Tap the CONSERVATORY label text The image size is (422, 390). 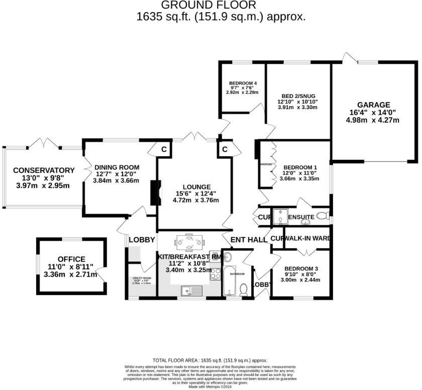coord(44,170)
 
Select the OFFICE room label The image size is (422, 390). coord(71,259)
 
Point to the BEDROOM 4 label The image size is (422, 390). coord(243,83)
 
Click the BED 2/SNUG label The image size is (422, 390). coord(298,95)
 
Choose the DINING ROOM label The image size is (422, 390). coord(117,167)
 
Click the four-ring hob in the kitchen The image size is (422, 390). coord(216,274)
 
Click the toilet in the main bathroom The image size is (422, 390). coord(243,288)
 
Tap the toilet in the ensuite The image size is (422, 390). coord(323,216)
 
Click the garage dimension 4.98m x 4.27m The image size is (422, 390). coord(372,120)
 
